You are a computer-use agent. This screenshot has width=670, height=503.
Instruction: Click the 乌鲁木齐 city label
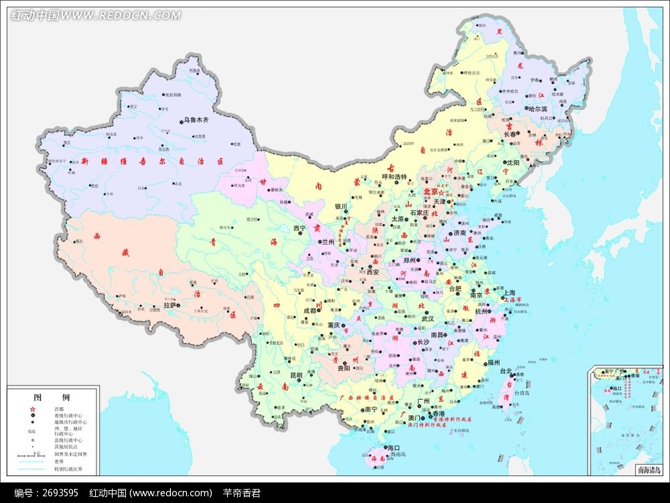pos(197,121)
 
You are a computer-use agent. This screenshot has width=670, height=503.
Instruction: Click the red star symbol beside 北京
pos(441,193)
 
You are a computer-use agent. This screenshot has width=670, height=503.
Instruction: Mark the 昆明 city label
pos(296,376)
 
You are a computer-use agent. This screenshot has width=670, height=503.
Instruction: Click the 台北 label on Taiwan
pos(505,371)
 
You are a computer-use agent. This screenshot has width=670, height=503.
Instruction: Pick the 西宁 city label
pos(299,229)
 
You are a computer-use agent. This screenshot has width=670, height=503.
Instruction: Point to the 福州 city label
pos(494,362)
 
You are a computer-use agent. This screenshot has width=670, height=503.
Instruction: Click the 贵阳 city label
pos(343,368)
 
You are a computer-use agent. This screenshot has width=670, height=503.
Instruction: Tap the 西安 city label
pos(373,272)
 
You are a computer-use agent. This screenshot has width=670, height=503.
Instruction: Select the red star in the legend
pos(31,408)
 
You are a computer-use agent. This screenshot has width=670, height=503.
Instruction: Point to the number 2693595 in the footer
pos(61,493)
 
